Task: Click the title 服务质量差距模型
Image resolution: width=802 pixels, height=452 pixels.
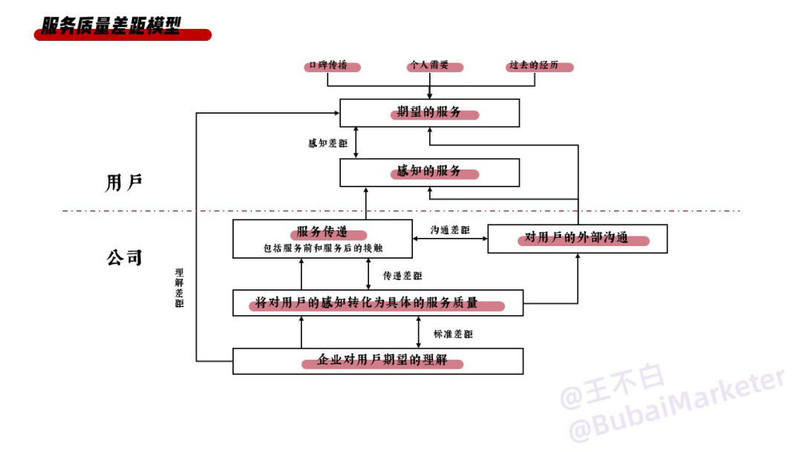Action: pyautogui.click(x=111, y=25)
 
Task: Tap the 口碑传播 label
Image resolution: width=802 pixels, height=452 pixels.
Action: pyautogui.click(x=328, y=65)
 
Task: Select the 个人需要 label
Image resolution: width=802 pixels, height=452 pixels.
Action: pyautogui.click(x=430, y=65)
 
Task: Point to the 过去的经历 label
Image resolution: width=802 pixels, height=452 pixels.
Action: pyautogui.click(x=534, y=65)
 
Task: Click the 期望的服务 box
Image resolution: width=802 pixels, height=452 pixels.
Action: pyautogui.click(x=430, y=113)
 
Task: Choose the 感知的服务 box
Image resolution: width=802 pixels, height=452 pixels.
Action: pyautogui.click(x=430, y=172)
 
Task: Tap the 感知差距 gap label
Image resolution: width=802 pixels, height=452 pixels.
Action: pyautogui.click(x=328, y=143)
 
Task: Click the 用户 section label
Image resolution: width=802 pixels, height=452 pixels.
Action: pyautogui.click(x=124, y=182)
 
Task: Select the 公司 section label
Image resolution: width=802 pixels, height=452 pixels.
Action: pyautogui.click(x=124, y=257)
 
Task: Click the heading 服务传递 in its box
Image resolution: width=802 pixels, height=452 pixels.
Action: pyautogui.click(x=322, y=231)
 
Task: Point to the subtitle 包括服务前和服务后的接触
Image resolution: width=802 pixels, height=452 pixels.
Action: pyautogui.click(x=323, y=248)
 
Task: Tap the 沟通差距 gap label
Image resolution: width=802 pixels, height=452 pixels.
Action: pyautogui.click(x=450, y=230)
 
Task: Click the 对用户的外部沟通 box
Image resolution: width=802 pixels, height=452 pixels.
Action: pyautogui.click(x=578, y=239)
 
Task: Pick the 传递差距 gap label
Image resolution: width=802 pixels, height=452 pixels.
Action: pyautogui.click(x=402, y=276)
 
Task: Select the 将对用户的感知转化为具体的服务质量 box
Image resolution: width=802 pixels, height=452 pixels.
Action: pyautogui.click(x=378, y=303)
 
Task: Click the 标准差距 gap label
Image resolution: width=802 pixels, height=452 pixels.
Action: pyautogui.click(x=453, y=335)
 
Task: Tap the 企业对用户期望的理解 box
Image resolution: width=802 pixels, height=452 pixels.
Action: pyautogui.click(x=378, y=361)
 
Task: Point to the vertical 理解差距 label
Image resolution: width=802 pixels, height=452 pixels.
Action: pyautogui.click(x=179, y=288)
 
